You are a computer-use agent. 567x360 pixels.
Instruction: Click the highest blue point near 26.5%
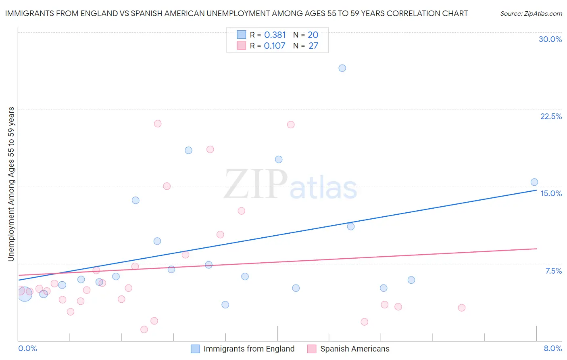click(342, 68)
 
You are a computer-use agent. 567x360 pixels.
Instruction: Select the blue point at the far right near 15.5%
click(534, 182)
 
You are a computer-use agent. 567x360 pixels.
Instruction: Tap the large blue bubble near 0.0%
click(24, 294)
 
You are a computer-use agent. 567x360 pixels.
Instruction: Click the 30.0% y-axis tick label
click(550, 39)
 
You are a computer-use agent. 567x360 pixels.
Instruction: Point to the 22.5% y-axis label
click(551, 116)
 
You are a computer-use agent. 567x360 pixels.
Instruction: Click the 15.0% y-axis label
click(551, 193)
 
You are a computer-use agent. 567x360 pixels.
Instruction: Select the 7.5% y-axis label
click(553, 271)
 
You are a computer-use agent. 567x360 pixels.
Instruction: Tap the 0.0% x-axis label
click(27, 348)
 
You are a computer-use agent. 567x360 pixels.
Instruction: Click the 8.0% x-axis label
click(552, 348)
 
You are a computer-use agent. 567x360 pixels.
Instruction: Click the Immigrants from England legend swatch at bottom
click(195, 349)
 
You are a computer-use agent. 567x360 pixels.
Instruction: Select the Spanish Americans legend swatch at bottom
click(312, 349)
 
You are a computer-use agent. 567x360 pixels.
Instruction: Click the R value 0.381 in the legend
click(275, 35)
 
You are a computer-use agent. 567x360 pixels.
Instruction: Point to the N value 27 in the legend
click(313, 46)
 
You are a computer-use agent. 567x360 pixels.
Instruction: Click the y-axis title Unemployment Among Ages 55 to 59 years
click(11, 184)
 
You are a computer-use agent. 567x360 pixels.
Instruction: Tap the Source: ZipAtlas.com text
click(531, 14)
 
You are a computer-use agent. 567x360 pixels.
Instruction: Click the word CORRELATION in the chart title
click(410, 14)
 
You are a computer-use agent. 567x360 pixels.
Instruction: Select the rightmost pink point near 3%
click(461, 308)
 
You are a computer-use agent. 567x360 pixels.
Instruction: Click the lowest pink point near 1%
click(144, 329)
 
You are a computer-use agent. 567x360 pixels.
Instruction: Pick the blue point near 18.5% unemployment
click(188, 150)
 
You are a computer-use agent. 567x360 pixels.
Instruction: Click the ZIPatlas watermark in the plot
click(290, 185)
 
